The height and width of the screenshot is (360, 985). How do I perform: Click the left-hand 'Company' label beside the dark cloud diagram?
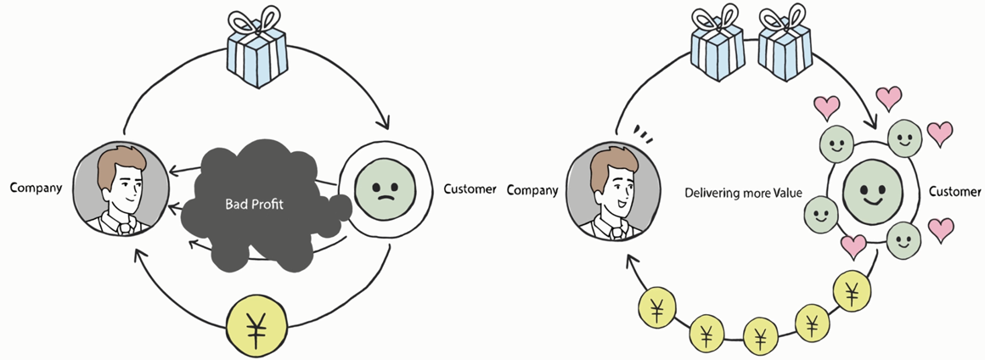36,188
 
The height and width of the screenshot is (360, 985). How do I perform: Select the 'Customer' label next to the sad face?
470,188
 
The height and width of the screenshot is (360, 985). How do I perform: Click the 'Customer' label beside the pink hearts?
954,192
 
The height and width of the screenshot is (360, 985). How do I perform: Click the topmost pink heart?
890,96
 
